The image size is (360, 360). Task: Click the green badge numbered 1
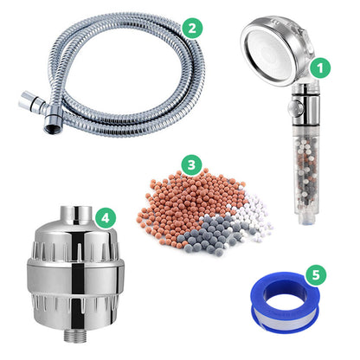320,68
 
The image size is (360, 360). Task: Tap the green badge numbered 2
192,28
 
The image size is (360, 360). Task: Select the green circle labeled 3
191,164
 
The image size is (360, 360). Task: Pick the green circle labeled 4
106,218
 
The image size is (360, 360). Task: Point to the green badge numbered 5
316,274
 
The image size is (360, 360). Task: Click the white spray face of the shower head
269,55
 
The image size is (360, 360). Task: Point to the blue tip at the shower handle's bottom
308,222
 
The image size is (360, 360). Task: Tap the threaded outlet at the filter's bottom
74,336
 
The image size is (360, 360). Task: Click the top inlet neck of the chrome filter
76,215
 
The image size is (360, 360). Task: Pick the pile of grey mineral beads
206,234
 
